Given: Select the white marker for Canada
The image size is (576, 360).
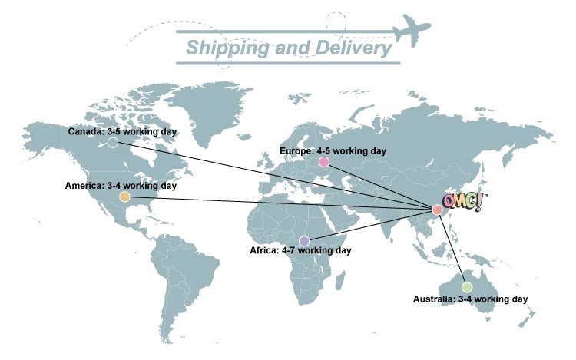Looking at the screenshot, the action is [x=113, y=142].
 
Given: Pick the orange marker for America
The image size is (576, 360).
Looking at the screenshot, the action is [x=124, y=197].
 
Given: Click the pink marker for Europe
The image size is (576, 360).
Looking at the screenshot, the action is [x=324, y=162].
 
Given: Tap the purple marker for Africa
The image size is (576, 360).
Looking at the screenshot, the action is [x=304, y=241].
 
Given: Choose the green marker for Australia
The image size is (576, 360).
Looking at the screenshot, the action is [x=467, y=287].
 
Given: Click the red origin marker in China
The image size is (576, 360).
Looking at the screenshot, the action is [x=437, y=210].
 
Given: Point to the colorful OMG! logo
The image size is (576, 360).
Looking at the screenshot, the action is [x=465, y=202].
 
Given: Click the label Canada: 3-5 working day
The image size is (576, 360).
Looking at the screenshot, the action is [x=123, y=131].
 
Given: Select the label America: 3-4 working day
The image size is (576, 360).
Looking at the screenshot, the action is [x=121, y=186].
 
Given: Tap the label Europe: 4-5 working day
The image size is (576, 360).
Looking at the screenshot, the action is [x=333, y=151].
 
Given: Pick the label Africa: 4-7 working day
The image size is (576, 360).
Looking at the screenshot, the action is [x=300, y=251].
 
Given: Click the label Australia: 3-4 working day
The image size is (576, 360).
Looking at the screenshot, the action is [x=470, y=299].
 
